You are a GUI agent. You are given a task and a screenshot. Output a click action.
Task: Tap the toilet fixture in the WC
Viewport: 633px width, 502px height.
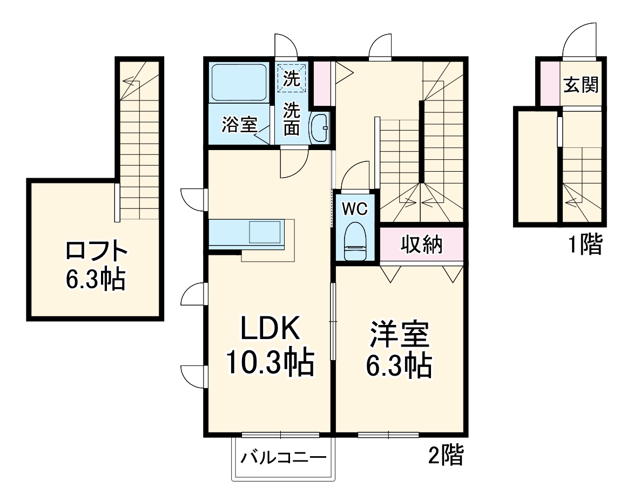tap(354, 242)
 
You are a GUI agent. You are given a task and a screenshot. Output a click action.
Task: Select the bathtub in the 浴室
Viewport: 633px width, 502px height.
tap(239, 82)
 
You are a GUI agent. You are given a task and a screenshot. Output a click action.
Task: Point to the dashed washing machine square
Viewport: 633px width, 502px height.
tap(292, 79)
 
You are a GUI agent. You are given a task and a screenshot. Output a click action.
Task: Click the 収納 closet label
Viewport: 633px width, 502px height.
tap(421, 245)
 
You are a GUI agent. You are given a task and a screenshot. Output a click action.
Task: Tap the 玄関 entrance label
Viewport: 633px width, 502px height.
tap(581, 85)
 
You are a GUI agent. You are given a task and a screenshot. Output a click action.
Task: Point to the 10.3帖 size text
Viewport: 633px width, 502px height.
tap(270, 364)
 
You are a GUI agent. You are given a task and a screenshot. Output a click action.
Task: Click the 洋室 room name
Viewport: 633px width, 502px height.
tap(400, 336)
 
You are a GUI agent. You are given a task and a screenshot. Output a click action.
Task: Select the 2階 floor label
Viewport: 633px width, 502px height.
tap(446, 457)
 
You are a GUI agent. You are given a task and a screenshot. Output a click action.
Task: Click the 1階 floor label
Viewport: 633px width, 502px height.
tap(584, 246)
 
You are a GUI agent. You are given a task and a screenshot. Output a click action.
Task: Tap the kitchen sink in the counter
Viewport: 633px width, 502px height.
tap(265, 233)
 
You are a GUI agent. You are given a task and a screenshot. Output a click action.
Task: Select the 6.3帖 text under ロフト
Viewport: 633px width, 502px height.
tap(96, 280)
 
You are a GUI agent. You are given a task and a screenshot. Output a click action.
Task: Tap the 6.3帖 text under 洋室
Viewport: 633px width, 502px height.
tap(400, 367)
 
